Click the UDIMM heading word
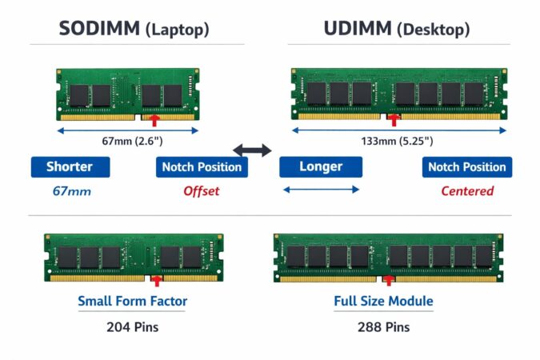tap(358, 30)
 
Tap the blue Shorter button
tap(70, 167)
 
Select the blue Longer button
tap(321, 167)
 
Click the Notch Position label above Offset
tap(202, 167)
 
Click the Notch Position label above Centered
tap(467, 167)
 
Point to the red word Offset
tap(201, 191)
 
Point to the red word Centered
tap(467, 191)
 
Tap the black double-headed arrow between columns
tap(252, 150)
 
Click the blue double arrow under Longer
tap(321, 190)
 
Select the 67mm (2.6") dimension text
tap(133, 142)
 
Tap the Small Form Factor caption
tap(132, 302)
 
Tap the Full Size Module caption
tap(383, 302)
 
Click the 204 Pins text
tap(132, 326)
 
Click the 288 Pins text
tap(383, 326)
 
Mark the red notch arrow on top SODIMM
tap(155, 119)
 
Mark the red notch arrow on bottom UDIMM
tap(390, 281)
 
